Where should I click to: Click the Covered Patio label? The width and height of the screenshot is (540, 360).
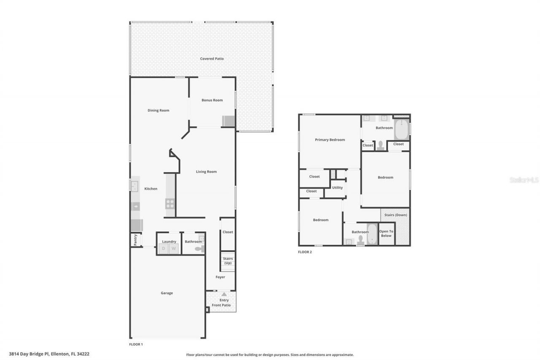coord(212,59)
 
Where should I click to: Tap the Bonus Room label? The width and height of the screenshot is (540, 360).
coord(212,100)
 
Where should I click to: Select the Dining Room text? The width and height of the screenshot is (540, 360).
coord(158,111)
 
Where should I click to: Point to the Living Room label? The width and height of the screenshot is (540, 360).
coord(206,172)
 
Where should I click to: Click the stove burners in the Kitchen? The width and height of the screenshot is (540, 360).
coord(170,203)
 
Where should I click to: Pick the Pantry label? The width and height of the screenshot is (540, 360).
coord(135,240)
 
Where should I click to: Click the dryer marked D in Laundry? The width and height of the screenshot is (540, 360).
coord(163,249)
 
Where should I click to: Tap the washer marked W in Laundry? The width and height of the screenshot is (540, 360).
coord(173,249)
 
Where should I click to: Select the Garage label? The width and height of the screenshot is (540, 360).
coord(167,293)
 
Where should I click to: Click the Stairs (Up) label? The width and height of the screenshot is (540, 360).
coord(228,261)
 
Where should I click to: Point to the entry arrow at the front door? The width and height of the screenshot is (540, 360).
coord(224,295)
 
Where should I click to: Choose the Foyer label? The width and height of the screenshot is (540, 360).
coord(220,277)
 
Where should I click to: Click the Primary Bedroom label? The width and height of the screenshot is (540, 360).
coord(330,140)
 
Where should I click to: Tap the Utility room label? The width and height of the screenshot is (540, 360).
coord(337,188)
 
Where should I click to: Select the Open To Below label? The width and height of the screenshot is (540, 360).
coord(386,233)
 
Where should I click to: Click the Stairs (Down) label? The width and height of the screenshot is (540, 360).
coord(396,215)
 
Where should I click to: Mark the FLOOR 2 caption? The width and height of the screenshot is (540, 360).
coord(305,252)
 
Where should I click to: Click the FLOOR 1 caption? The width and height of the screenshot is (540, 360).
coord(136,344)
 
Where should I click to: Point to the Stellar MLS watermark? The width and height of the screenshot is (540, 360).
coord(524,180)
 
